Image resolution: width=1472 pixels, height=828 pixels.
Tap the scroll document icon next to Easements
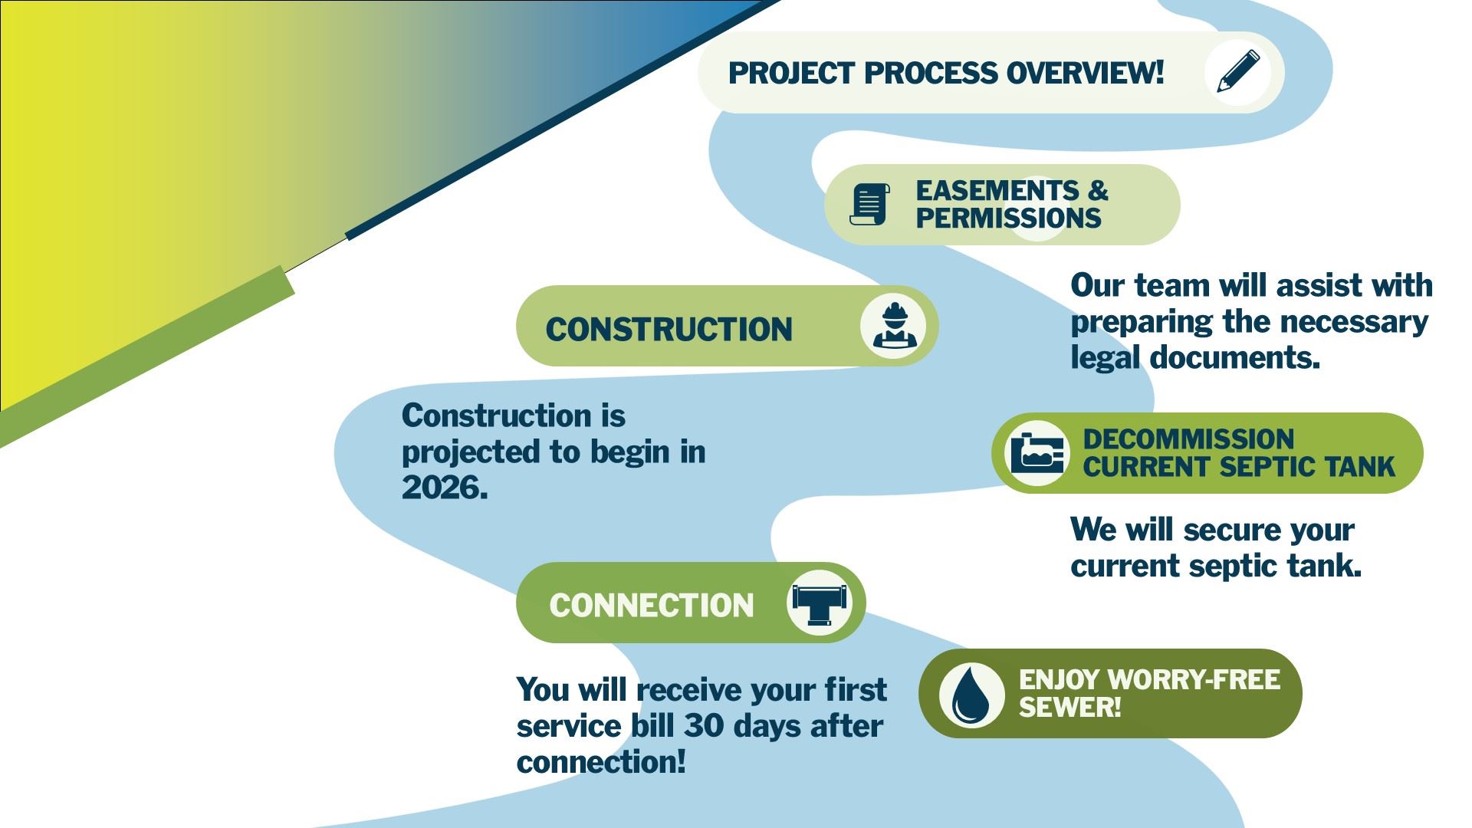[870, 204]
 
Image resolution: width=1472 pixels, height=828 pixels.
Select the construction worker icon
[893, 326]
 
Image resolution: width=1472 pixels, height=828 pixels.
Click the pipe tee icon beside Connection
[820, 603]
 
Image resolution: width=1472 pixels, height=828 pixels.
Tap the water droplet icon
[971, 695]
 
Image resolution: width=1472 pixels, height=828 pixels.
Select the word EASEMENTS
[997, 190]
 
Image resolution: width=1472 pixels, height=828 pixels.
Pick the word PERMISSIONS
[1009, 219]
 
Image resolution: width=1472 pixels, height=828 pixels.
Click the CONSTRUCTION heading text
[669, 330]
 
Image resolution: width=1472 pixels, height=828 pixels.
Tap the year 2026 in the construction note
[445, 488]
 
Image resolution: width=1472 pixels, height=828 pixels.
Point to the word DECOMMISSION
[1188, 439]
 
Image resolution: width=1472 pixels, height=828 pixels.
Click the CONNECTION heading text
[652, 606]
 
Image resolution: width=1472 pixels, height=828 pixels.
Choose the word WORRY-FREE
[1194, 679]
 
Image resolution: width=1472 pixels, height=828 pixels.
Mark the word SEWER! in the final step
[1069, 707]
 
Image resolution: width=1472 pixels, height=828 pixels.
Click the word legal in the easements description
[1105, 358]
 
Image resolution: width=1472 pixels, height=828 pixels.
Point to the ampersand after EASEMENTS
[1098, 190]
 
